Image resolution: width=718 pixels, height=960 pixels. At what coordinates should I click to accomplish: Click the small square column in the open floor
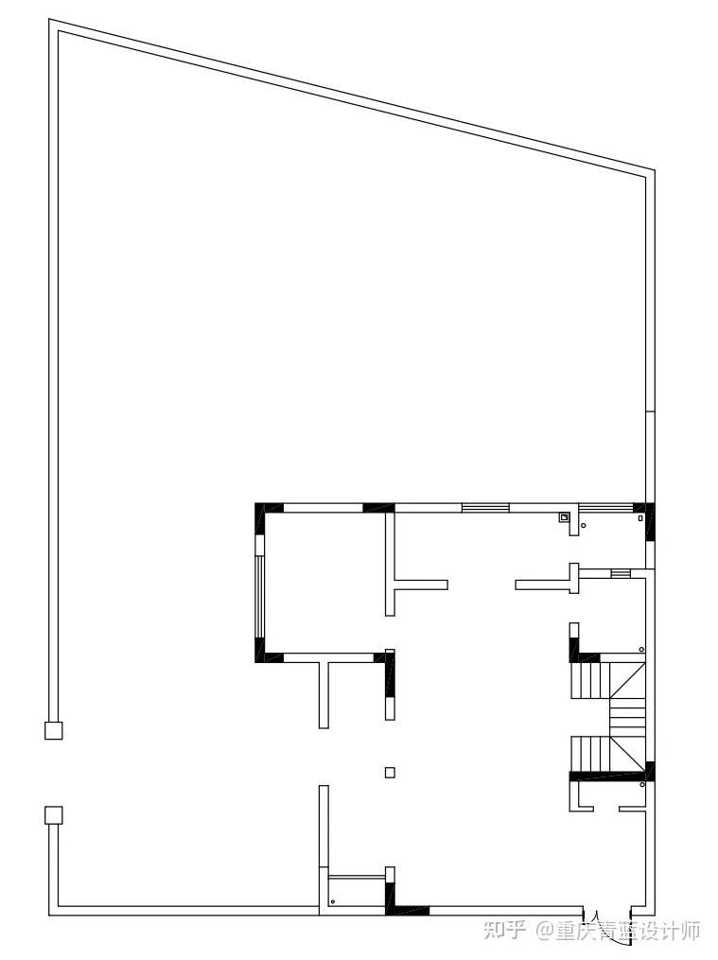click(390, 772)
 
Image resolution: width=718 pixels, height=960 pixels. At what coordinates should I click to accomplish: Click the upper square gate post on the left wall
click(54, 730)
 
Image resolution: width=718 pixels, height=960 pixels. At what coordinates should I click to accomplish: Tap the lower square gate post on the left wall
click(54, 815)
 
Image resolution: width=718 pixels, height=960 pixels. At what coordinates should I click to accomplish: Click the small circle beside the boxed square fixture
click(583, 525)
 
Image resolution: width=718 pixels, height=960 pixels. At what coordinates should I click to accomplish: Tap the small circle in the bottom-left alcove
click(333, 901)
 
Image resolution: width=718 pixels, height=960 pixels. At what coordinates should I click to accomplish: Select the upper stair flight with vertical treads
click(590, 680)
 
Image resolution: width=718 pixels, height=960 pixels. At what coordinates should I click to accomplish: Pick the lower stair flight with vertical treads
click(590, 755)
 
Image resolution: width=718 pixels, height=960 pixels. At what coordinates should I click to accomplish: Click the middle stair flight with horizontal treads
click(627, 718)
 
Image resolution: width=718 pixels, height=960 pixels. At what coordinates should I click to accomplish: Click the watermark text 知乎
click(505, 932)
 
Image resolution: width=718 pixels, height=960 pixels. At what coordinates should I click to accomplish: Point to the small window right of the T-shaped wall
click(620, 573)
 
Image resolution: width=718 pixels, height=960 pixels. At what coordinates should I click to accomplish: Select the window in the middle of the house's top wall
click(485, 507)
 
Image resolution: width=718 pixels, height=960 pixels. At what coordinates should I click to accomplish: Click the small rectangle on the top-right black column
click(640, 518)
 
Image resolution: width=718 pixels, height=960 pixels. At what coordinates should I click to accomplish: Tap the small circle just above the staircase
click(641, 649)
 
